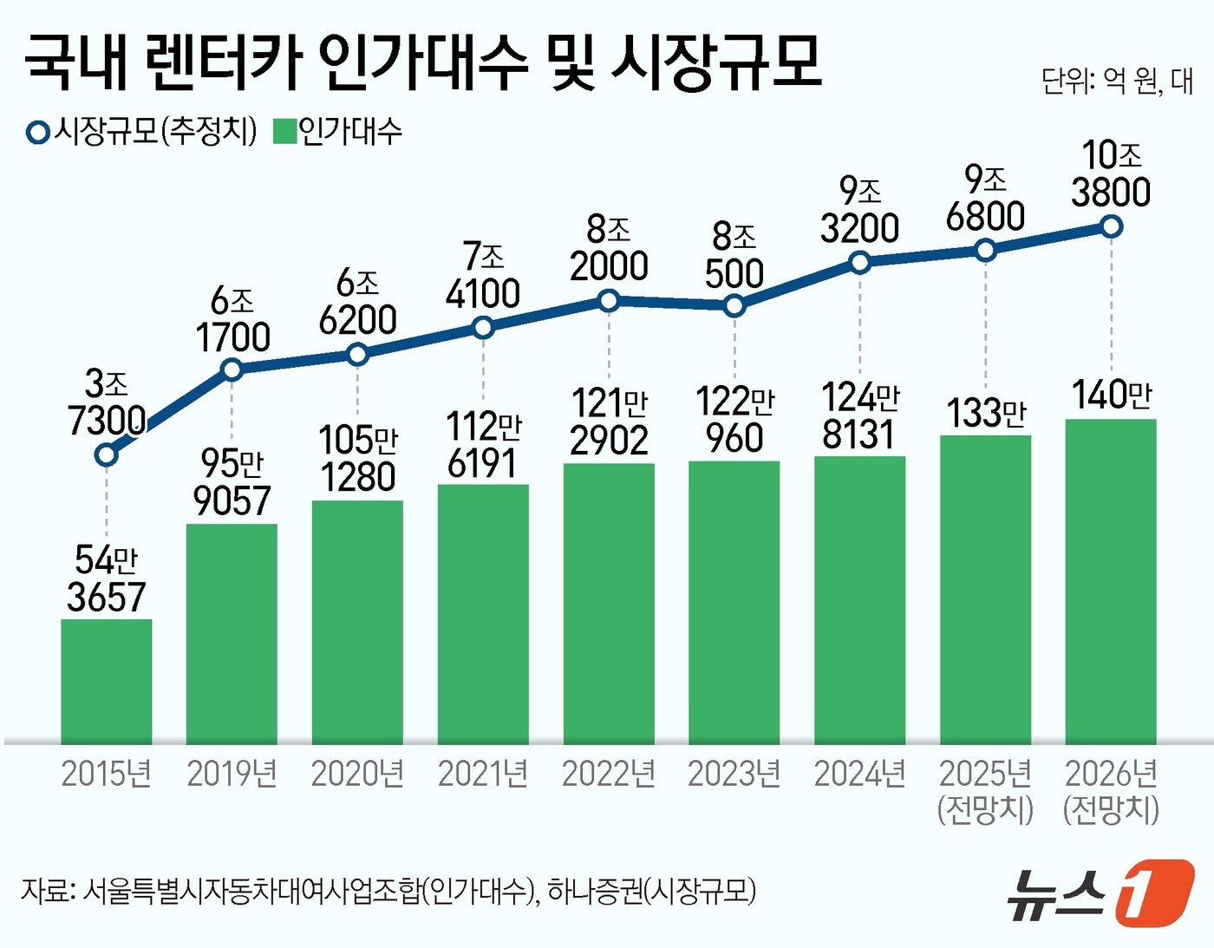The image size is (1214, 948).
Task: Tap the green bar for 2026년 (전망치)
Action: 1111,581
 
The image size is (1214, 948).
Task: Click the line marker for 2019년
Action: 232,369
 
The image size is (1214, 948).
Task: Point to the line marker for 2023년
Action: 734,305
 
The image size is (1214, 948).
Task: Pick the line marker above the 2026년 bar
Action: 1111,226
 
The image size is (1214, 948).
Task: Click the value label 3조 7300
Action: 107,402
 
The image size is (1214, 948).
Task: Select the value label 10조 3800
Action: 1111,173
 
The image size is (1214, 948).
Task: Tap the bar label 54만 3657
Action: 106,579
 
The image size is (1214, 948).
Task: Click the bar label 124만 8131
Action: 859,416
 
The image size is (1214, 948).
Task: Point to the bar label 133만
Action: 986,413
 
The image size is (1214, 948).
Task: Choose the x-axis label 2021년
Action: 483,774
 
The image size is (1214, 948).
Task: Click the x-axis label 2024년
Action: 859,774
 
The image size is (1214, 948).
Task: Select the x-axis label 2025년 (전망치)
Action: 986,790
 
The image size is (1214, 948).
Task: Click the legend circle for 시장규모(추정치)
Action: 38,133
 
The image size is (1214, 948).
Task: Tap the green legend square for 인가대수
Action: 284,132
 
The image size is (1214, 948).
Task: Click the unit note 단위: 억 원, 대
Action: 1117,82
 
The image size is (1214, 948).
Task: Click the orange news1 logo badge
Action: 1153,892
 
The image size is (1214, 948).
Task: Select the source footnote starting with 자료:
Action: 388,891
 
